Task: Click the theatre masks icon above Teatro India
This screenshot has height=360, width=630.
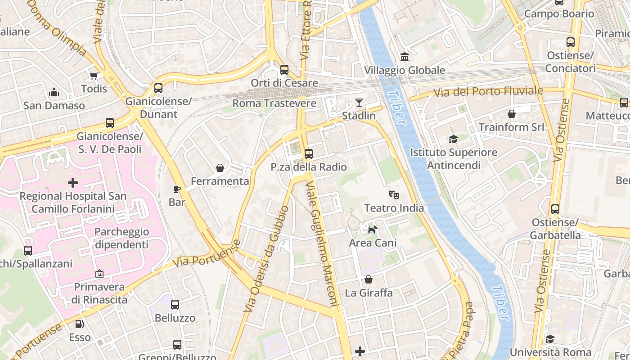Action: click(x=394, y=195)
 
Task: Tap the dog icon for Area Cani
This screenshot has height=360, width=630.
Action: click(x=373, y=230)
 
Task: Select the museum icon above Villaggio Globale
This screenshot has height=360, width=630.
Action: click(x=404, y=57)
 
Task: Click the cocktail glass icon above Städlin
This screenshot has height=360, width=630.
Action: click(x=359, y=103)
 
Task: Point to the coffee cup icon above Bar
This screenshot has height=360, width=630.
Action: click(x=177, y=189)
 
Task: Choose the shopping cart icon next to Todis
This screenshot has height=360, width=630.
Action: click(x=94, y=76)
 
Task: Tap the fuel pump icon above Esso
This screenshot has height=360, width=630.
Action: click(x=80, y=324)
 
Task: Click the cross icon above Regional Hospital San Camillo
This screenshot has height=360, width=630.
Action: click(x=72, y=183)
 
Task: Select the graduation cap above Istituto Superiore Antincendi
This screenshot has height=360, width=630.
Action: click(x=453, y=139)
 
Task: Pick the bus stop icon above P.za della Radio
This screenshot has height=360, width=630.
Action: click(x=308, y=154)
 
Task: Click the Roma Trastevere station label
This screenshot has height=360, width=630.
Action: click(x=274, y=103)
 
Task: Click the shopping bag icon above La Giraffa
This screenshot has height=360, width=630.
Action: click(x=369, y=280)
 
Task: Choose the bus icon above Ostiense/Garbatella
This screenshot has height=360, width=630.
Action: click(x=555, y=209)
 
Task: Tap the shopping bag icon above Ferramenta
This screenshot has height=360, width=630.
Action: click(x=220, y=168)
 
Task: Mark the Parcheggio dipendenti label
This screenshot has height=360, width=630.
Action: click(x=121, y=238)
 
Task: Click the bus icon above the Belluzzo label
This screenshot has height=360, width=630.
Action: click(x=175, y=305)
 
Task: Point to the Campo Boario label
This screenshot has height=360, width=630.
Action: click(x=559, y=13)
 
